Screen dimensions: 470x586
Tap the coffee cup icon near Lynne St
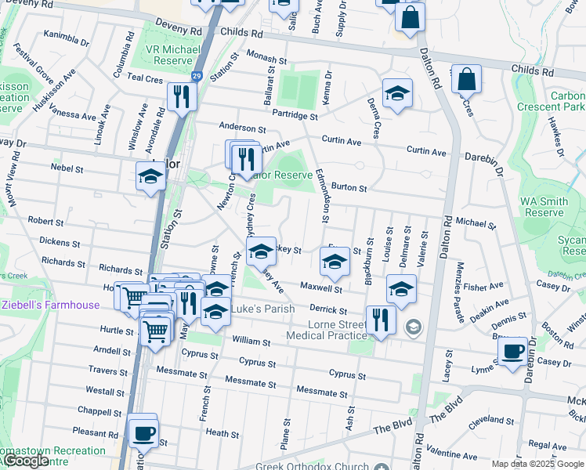pos(512,352)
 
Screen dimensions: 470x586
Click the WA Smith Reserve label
pos(544,207)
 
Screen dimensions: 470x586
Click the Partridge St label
pos(295,116)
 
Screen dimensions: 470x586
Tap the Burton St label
pos(349,188)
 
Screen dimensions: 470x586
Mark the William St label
pos(251,342)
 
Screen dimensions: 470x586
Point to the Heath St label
pos(222,433)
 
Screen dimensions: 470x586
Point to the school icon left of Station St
pos(150,177)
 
